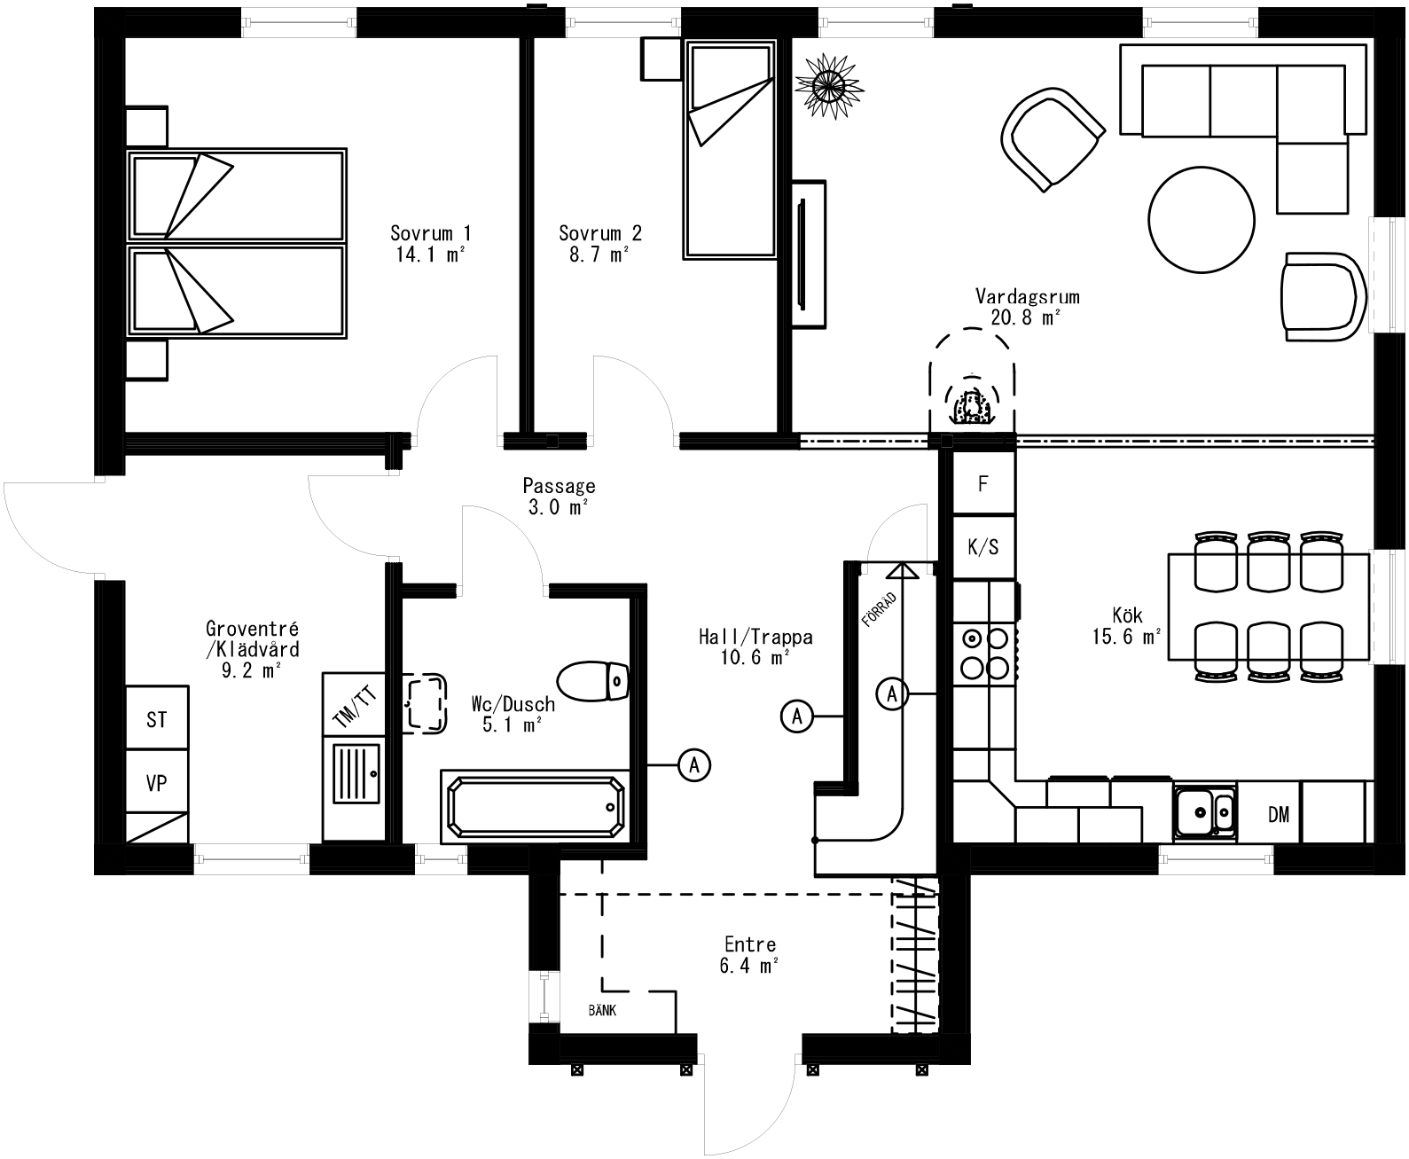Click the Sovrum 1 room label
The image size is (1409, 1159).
pos(430,233)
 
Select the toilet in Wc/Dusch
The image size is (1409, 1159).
pos(592,681)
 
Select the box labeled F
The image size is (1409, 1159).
pos(982,484)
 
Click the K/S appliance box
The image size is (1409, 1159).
pos(982,547)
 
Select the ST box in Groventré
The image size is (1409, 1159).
pos(156,719)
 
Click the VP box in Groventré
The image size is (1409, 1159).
pos(156,782)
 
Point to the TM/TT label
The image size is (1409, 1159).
pos(354,707)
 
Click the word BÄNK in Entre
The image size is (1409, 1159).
pos(602,1010)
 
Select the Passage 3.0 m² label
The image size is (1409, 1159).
pos(558,497)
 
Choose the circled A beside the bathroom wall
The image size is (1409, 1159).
pos(694,764)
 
